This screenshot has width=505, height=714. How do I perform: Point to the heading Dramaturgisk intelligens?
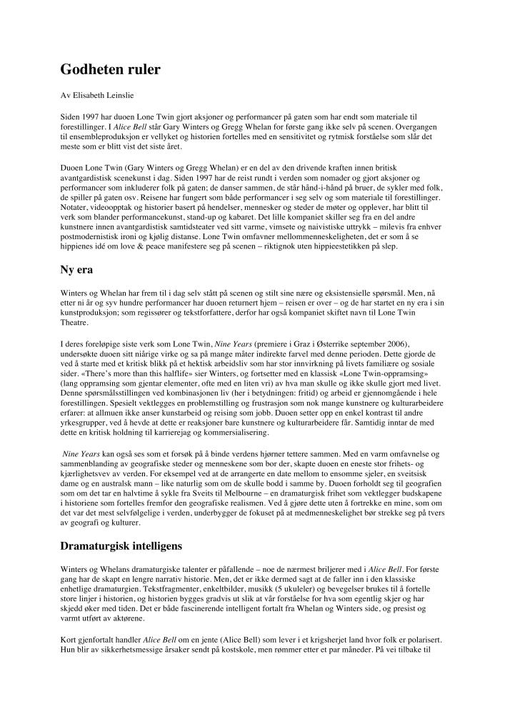(x=121, y=546)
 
